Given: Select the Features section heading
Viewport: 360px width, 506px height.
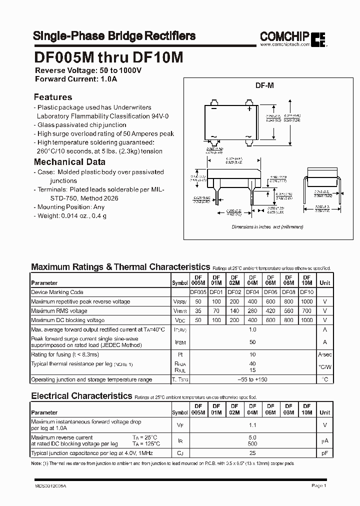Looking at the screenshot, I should click(x=52, y=97).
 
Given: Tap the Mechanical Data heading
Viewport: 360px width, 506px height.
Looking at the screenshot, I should click(x=69, y=161).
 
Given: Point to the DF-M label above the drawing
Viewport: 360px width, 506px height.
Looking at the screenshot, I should click(x=264, y=85).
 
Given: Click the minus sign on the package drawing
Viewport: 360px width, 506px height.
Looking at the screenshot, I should click(x=214, y=108).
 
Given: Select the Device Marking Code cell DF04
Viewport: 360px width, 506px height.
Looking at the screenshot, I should click(x=252, y=292).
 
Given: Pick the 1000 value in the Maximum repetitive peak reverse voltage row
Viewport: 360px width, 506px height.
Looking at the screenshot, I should click(x=306, y=301).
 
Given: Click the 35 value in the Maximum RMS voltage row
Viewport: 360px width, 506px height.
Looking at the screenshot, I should click(x=198, y=311).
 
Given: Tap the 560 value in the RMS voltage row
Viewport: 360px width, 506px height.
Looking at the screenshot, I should click(x=288, y=311).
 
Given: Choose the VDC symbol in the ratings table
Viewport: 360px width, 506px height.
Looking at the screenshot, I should click(x=179, y=320).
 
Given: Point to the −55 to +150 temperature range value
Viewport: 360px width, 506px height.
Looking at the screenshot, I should click(x=252, y=379).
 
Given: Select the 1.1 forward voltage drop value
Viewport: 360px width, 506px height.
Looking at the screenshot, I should click(x=252, y=425).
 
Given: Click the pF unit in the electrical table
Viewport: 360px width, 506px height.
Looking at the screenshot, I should click(x=325, y=453).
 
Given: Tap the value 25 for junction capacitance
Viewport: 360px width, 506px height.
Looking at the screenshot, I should click(x=252, y=453).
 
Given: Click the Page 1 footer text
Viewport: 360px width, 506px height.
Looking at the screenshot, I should click(x=318, y=485).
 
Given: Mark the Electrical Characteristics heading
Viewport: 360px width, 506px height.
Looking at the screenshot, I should click(x=81, y=396).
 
